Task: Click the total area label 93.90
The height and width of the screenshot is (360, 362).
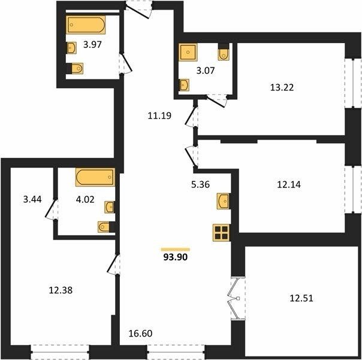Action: [176, 257]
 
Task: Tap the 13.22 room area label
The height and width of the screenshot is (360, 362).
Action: [282, 88]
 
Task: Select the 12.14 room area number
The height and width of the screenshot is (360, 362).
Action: [289, 185]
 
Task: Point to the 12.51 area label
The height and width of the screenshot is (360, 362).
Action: [301, 298]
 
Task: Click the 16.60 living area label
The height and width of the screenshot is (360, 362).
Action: [141, 334]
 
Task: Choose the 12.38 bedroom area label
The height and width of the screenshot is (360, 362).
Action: [61, 290]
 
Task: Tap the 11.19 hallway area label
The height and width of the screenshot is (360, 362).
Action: [159, 116]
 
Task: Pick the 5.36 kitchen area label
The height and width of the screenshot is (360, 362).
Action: [200, 184]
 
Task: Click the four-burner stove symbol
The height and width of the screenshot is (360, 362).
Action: [221, 233]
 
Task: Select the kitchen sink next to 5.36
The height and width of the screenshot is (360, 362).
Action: [223, 201]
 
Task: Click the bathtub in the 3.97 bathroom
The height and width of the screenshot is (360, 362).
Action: [86, 25]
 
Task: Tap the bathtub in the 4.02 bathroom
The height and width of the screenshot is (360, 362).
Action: [95, 177]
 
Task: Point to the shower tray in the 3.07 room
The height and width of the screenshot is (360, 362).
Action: [188, 52]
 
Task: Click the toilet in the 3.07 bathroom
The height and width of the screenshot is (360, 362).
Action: [223, 52]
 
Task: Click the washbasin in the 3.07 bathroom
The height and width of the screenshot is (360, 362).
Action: [184, 85]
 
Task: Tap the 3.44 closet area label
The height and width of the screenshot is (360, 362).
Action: [32, 199]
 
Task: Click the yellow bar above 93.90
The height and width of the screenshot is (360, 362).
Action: [176, 250]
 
